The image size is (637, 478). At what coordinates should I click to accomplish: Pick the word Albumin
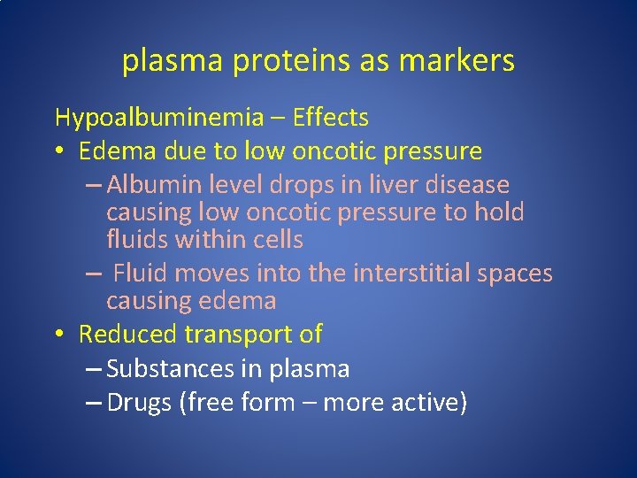(157, 185)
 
